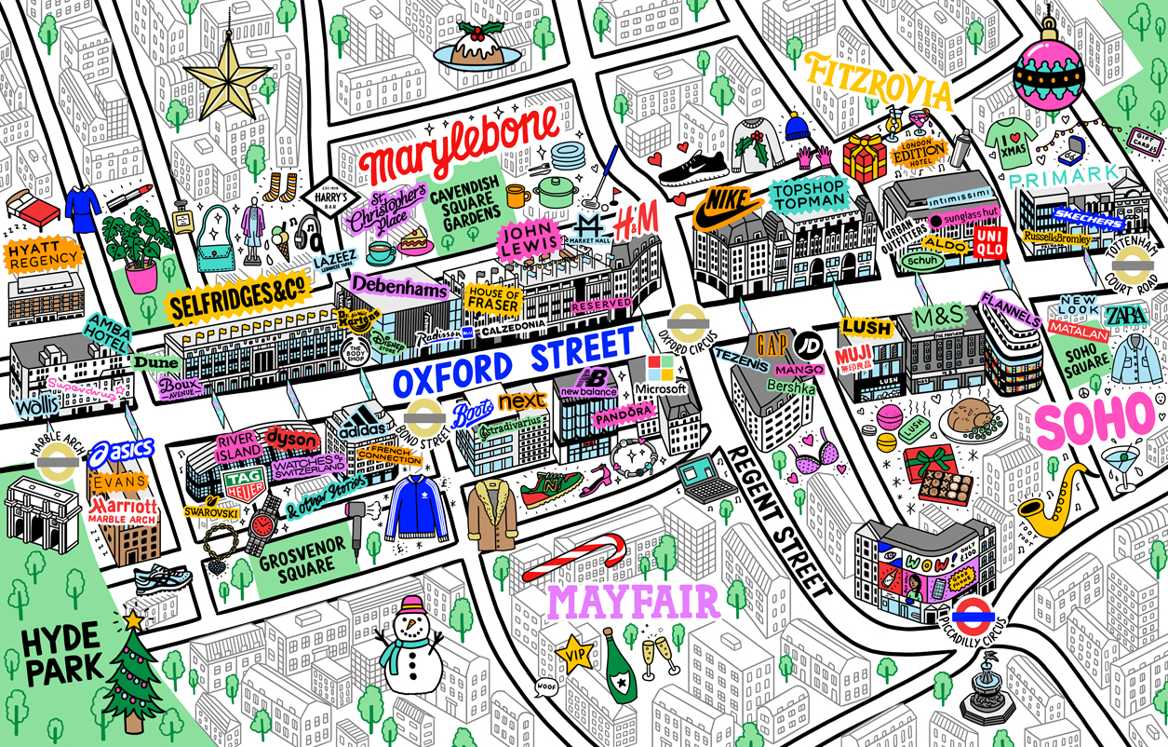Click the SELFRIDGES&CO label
(x=238, y=297)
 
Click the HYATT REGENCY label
(x=42, y=258)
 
